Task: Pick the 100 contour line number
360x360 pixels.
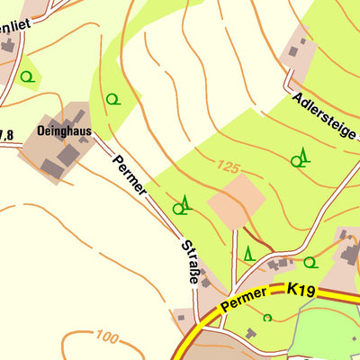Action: (x=104, y=337)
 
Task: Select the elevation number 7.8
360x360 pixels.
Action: (x=6, y=136)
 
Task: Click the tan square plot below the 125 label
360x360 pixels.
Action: (x=238, y=202)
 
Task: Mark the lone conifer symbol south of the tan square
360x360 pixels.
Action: (x=248, y=254)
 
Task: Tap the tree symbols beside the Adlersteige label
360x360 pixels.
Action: (x=300, y=159)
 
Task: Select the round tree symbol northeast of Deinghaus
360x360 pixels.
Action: (x=112, y=98)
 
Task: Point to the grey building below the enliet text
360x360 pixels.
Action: (x=7, y=45)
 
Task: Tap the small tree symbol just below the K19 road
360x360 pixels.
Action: (x=267, y=317)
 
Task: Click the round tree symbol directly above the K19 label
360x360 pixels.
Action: (x=310, y=263)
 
